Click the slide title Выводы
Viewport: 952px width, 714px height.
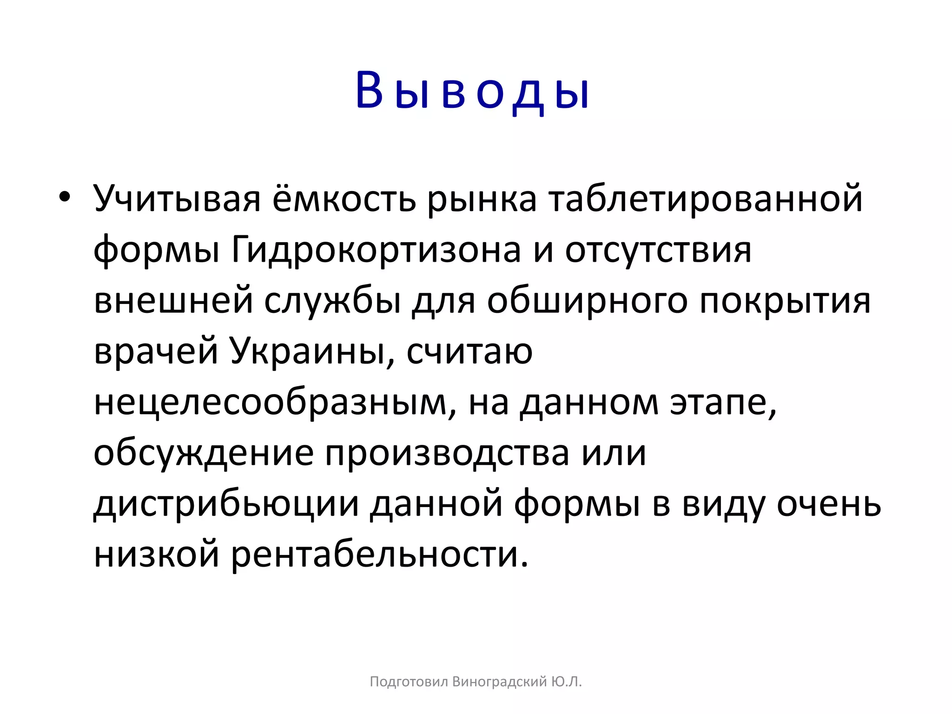[472, 92]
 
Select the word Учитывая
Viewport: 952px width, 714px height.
[177, 199]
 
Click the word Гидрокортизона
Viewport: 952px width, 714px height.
[376, 250]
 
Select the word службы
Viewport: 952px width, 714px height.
[333, 301]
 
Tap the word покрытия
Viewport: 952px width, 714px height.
[785, 301]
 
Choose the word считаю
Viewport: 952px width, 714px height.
[469, 352]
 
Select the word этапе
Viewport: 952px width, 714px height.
[723, 403]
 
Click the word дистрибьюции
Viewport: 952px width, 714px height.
[226, 505]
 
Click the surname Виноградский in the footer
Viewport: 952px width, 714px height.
[500, 682]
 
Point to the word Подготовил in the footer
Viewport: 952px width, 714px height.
[409, 682]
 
